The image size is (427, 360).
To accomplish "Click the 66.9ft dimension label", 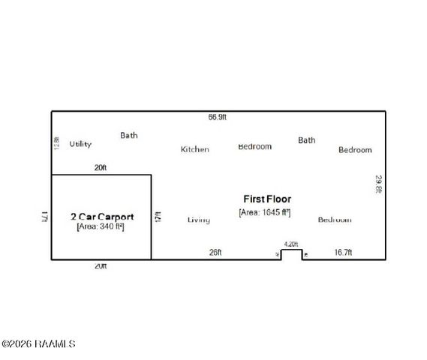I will [x=218, y=117].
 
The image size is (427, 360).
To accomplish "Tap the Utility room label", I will [x=80, y=143].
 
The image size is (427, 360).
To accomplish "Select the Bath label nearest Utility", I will [x=129, y=136].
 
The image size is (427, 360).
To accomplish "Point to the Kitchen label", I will [x=194, y=149].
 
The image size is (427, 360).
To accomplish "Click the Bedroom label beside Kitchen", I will [x=254, y=146].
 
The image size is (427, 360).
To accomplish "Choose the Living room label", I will [x=199, y=220].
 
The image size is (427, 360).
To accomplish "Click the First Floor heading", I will [x=267, y=199].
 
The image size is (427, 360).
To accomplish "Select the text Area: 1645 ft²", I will [x=265, y=213].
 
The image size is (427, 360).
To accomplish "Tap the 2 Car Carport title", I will [x=102, y=216].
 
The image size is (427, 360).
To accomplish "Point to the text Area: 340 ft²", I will [x=101, y=226].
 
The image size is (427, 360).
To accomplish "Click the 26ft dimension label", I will [x=215, y=253].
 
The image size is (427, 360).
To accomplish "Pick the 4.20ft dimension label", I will [x=290, y=244].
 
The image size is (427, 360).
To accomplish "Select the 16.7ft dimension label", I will [x=343, y=253].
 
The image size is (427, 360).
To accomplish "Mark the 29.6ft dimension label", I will [x=379, y=184].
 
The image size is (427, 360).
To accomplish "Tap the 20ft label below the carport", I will [x=101, y=266].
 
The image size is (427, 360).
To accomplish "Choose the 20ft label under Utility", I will [x=101, y=168].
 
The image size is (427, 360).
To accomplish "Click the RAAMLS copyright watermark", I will [x=38, y=344].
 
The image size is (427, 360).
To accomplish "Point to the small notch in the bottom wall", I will [x=292, y=254].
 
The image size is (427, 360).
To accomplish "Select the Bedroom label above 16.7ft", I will [x=334, y=220].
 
